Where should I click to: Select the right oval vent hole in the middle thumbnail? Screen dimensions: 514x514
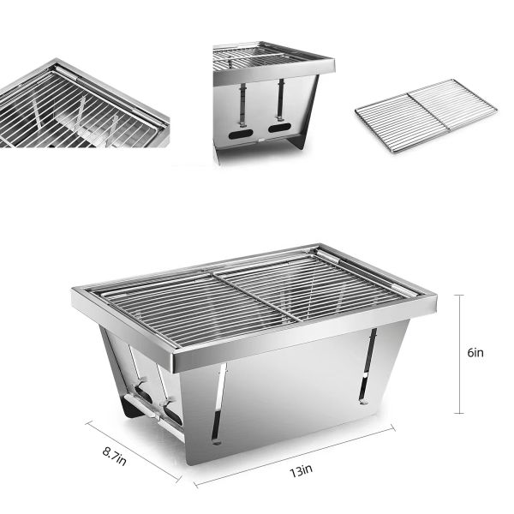(x=279, y=128)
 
